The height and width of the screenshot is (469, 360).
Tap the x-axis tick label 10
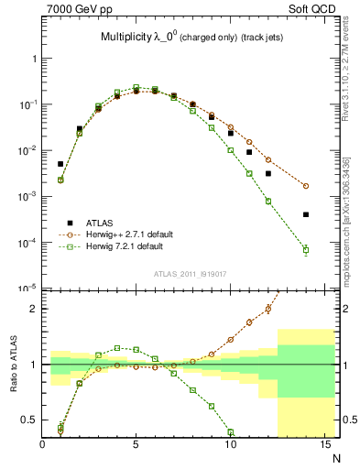(x=230, y=446)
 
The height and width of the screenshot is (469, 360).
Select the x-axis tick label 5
(x=136, y=446)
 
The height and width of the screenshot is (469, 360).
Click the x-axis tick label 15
(x=323, y=446)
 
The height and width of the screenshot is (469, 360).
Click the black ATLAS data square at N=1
(x=60, y=164)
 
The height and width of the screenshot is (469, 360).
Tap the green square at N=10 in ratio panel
(x=230, y=431)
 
